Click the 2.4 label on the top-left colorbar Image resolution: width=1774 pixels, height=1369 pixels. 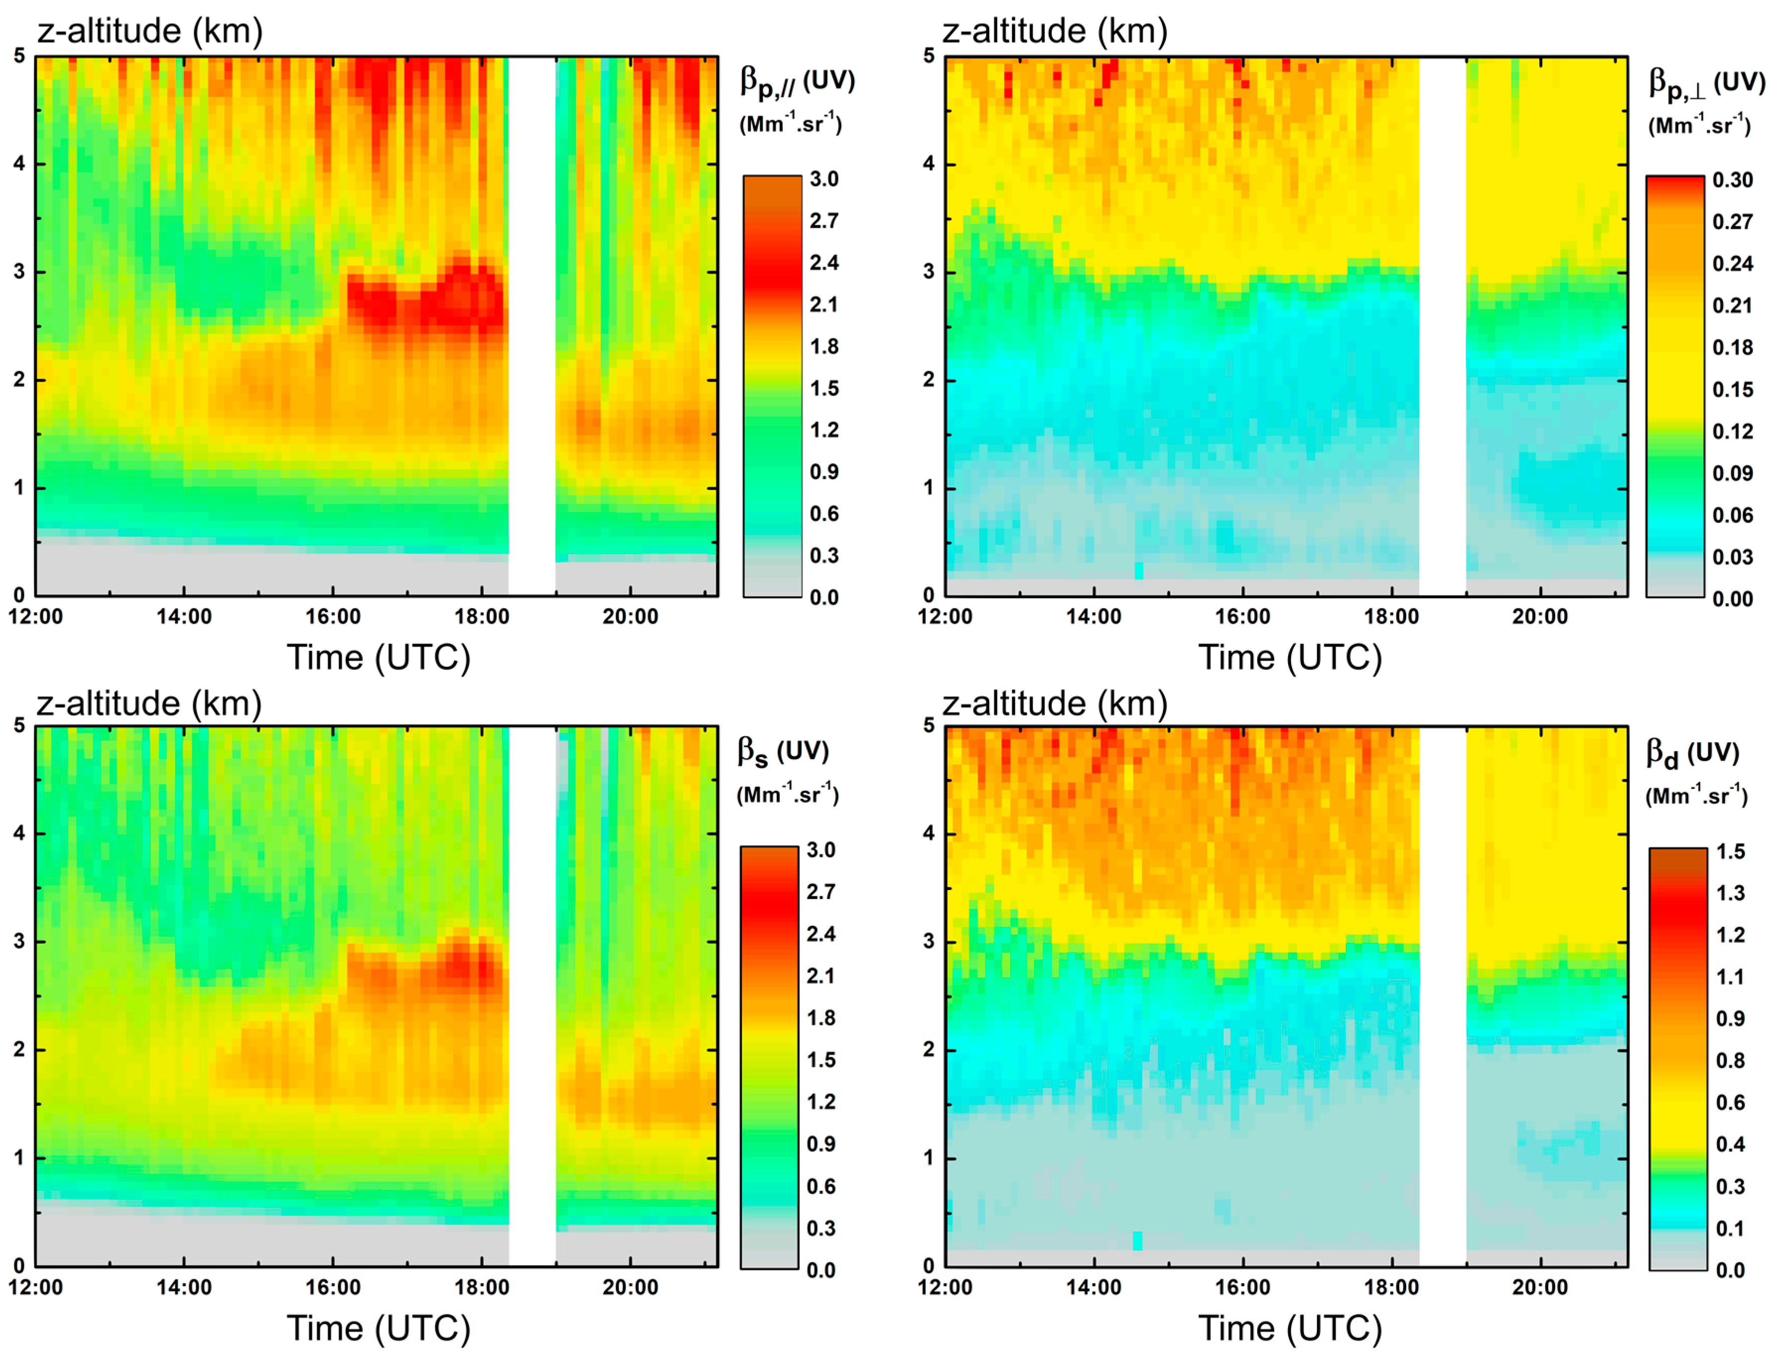(x=823, y=263)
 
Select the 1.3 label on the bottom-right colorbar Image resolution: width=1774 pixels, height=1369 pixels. (x=1730, y=893)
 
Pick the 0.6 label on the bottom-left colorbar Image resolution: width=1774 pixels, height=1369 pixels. (x=820, y=1186)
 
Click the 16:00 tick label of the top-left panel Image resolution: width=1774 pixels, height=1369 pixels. (x=332, y=616)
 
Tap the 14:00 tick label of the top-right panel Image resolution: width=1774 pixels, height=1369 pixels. (x=1093, y=616)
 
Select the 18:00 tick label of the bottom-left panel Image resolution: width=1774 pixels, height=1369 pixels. (x=481, y=1288)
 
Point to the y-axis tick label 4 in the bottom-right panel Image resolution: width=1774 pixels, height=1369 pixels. (x=928, y=833)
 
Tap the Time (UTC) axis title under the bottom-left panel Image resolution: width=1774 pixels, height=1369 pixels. (x=379, y=1328)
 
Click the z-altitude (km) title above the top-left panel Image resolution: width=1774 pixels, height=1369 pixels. (x=150, y=31)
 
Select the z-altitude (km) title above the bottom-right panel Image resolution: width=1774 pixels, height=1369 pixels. (x=1054, y=703)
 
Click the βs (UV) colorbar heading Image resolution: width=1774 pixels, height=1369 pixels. (x=782, y=752)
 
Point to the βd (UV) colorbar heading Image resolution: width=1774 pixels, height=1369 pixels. (x=1692, y=753)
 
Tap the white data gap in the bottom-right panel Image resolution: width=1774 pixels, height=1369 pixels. (x=1442, y=995)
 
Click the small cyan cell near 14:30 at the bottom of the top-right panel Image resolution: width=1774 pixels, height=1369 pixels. (x=1138, y=570)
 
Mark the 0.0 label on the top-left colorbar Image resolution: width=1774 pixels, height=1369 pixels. (x=823, y=598)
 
